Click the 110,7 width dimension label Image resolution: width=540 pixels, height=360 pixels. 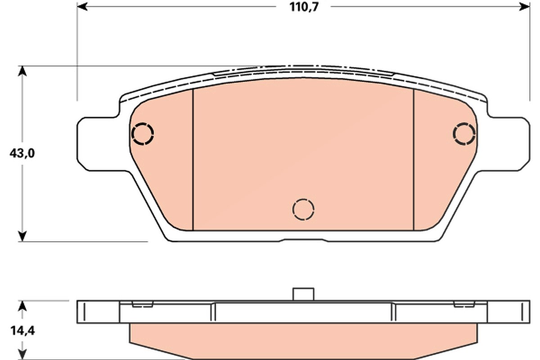click(304, 7)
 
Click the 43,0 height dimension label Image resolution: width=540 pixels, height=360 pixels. click(22, 153)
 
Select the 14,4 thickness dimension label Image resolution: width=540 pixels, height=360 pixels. click(22, 331)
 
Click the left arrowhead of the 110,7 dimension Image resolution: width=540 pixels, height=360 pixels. click(82, 6)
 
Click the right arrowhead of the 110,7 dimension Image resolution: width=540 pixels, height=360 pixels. click(525, 6)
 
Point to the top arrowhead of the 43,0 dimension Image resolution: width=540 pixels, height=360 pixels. click(22, 71)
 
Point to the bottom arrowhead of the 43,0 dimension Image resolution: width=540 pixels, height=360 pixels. click(22, 236)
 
